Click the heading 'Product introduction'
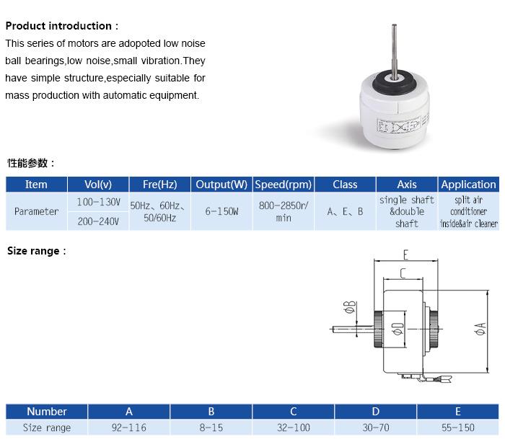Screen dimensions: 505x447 (x=58, y=26)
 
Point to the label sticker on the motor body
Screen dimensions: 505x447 (x=399, y=125)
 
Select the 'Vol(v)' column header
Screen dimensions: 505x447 (x=98, y=185)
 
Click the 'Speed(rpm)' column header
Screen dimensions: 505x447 (x=284, y=185)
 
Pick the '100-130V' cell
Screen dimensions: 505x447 (x=98, y=202)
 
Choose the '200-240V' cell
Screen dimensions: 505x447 (x=98, y=221)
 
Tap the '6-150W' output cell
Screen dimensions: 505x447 (x=221, y=211)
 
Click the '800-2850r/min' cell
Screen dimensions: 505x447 (x=284, y=211)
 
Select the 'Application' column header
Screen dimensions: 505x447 (x=469, y=185)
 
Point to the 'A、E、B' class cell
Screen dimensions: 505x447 (x=345, y=211)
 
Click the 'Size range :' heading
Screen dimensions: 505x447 (x=36, y=251)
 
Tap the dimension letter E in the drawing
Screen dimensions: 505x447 (x=405, y=255)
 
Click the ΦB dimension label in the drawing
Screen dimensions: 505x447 (x=350, y=306)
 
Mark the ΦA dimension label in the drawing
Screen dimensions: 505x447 (x=480, y=329)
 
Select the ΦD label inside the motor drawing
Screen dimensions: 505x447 (x=398, y=329)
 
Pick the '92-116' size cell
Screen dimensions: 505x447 (x=129, y=428)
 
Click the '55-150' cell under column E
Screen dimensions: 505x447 (x=458, y=428)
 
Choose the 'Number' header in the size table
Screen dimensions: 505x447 (x=47, y=411)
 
